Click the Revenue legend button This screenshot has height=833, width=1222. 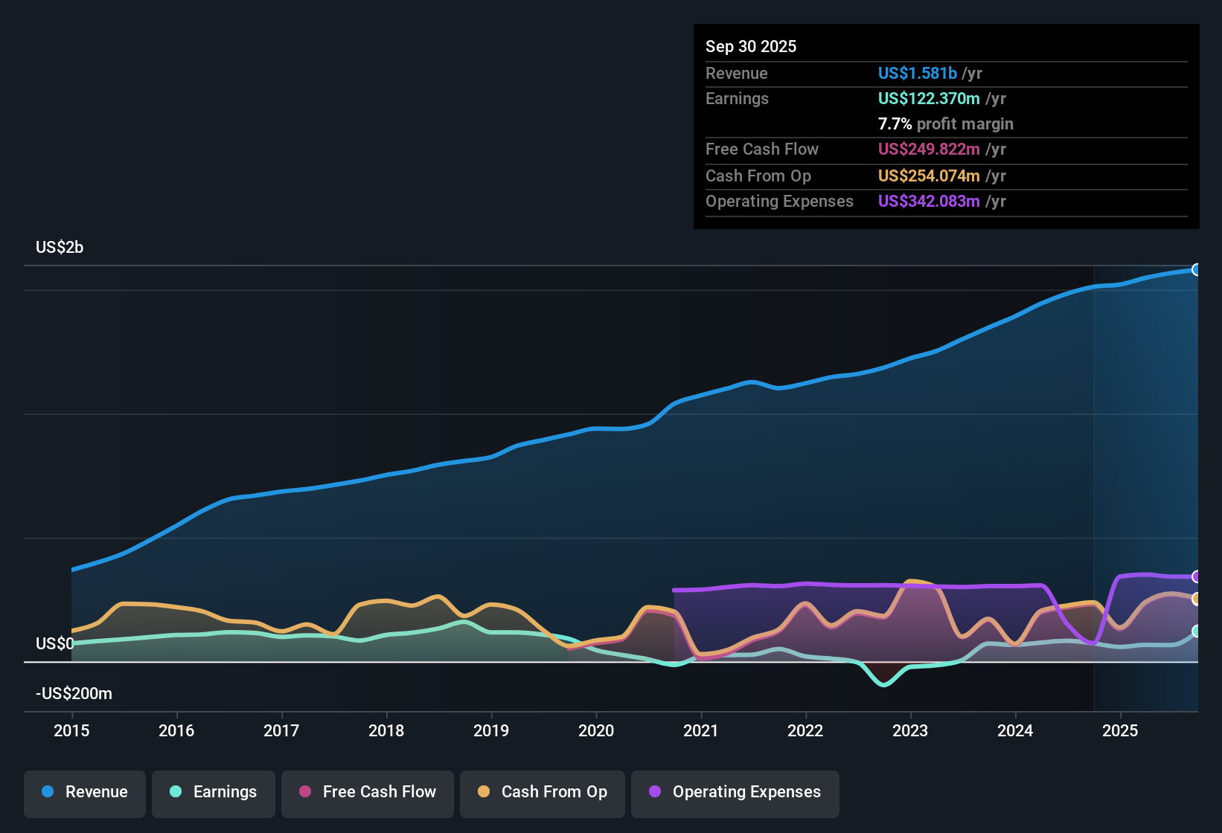[x=85, y=792]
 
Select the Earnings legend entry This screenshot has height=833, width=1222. [x=214, y=792]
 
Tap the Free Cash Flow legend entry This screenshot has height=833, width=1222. [x=368, y=792]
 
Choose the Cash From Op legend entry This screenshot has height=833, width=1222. [x=543, y=792]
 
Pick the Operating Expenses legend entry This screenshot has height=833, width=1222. [x=735, y=792]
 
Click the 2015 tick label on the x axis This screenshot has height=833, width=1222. [x=71, y=730]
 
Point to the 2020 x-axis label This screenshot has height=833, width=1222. [x=596, y=730]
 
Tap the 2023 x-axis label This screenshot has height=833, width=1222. [x=910, y=730]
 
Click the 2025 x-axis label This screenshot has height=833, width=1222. [x=1120, y=730]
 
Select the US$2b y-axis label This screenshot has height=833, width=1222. [x=60, y=247]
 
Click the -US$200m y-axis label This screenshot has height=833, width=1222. [x=74, y=693]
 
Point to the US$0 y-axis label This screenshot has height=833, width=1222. [x=54, y=643]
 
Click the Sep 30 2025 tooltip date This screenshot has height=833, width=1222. [x=751, y=46]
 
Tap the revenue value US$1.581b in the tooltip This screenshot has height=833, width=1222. [x=917, y=73]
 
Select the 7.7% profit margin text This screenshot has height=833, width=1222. [x=945, y=123]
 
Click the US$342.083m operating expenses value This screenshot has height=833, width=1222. [x=929, y=201]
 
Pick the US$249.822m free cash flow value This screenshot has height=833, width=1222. [x=929, y=149]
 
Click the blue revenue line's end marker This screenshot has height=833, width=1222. [x=1196, y=269]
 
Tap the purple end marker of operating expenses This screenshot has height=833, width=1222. [x=1196, y=576]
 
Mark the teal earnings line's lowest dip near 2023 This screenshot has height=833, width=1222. [x=884, y=684]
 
